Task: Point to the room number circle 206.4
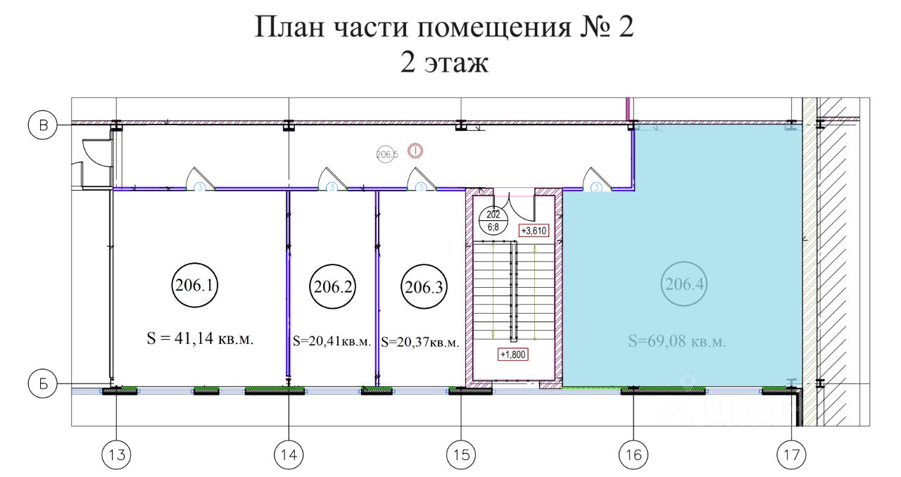pos(684,286)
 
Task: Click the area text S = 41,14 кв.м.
pos(200,339)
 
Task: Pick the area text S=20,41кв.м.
pos(332,342)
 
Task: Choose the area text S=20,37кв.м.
pos(420,343)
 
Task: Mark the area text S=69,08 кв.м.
pos(676,343)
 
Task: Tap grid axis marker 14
pos(289,454)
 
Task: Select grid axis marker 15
pos(461,454)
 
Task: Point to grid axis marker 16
pos(634,454)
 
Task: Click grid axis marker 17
pos(792,454)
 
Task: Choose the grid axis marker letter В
pos(42,126)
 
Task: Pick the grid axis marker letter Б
pos(42,384)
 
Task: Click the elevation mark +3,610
pos(533,230)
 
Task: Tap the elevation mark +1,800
pos(512,355)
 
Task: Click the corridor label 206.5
pos(387,153)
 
